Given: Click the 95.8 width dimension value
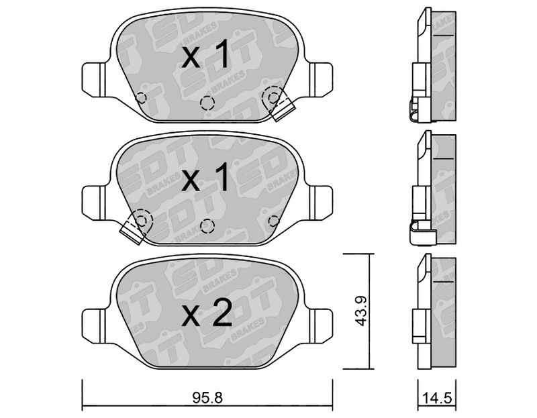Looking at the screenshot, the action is point(207,398).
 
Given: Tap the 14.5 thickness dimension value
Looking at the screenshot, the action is point(438,399).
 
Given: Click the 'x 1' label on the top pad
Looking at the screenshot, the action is point(205,54).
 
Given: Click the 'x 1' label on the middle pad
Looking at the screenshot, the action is point(205,177).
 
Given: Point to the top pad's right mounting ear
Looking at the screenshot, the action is point(321,79).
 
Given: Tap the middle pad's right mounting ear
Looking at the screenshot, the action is point(321,203).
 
